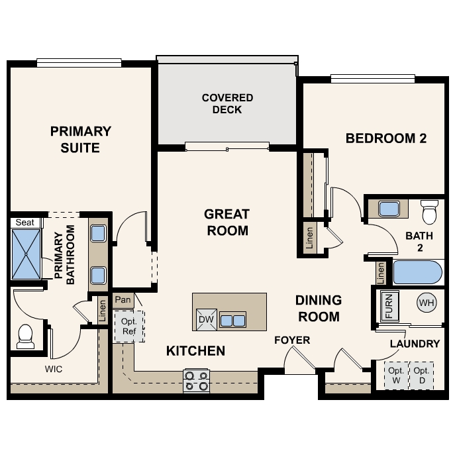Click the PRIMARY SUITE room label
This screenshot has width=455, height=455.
(x=80, y=139)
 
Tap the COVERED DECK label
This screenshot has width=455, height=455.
(x=227, y=103)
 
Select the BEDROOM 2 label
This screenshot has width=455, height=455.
(x=385, y=138)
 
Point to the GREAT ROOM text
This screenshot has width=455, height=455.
(x=227, y=223)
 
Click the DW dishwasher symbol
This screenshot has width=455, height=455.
(x=206, y=320)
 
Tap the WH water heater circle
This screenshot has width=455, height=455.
(x=427, y=303)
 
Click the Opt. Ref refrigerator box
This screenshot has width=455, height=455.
(x=128, y=326)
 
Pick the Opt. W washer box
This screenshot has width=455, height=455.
(x=396, y=376)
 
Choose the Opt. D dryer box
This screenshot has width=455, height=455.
(x=422, y=376)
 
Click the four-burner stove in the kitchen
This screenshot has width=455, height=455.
(x=196, y=380)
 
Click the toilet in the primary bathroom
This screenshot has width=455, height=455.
(x=26, y=336)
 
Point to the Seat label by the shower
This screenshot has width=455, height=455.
(x=25, y=223)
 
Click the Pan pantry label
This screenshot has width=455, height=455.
(x=123, y=300)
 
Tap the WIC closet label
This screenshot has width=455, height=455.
(x=54, y=369)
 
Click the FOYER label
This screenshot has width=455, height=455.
(x=292, y=340)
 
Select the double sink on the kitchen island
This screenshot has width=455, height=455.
(x=232, y=320)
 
